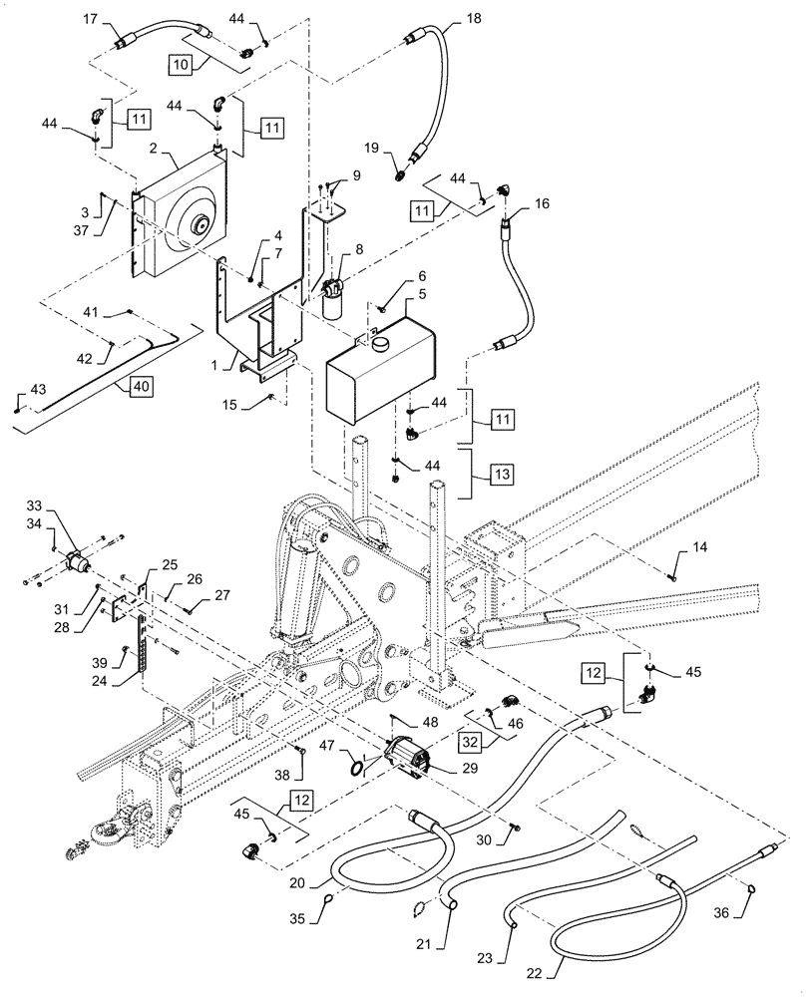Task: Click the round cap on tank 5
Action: pos(382,344)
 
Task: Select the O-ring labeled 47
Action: pos(356,768)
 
